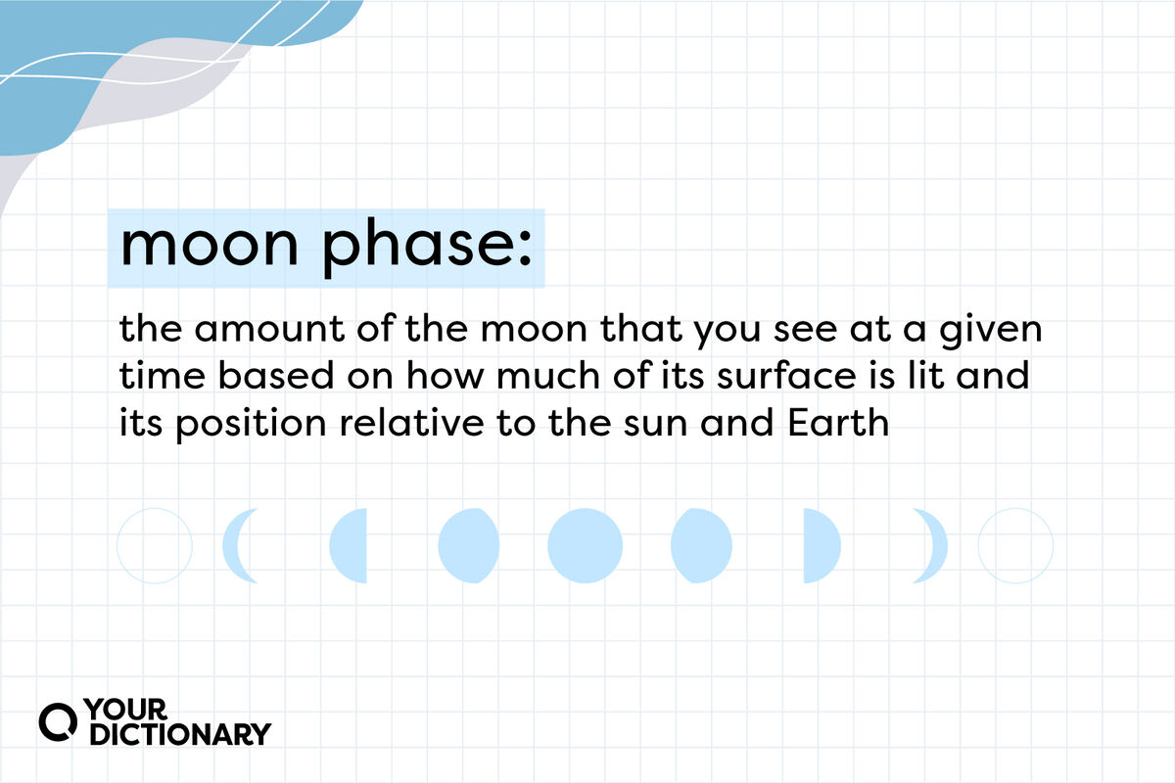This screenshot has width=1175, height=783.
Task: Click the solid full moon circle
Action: coord(585,546)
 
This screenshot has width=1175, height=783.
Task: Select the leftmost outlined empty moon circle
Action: coord(155,546)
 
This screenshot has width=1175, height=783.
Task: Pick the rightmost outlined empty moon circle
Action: coord(1015,546)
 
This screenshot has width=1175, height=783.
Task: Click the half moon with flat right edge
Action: coord(351,546)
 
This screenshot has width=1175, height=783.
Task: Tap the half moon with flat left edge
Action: coord(821,546)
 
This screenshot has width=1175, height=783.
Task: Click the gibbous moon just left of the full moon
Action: coord(468,546)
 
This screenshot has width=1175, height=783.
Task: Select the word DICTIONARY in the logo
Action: coord(179,734)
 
